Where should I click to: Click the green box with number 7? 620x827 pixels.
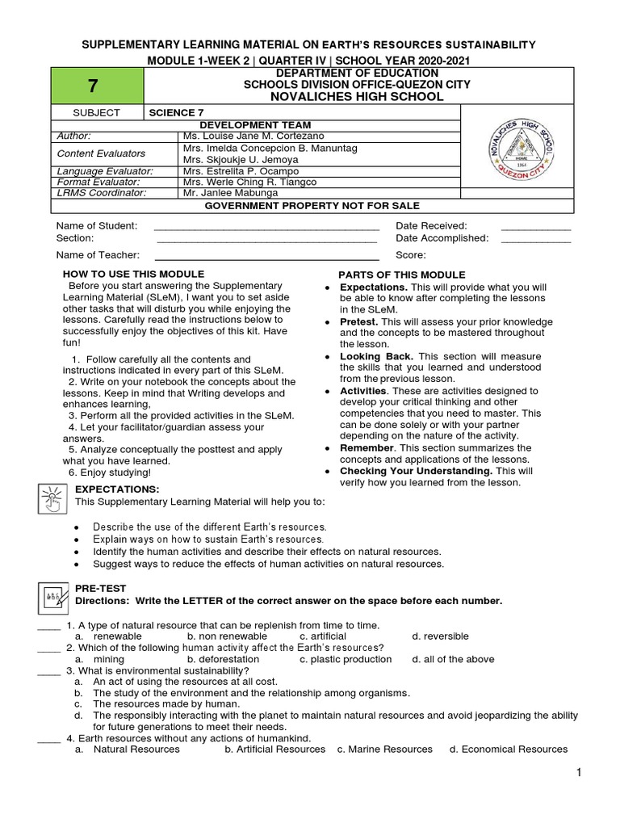pos(95,86)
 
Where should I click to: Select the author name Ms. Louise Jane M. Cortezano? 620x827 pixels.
pos(253,136)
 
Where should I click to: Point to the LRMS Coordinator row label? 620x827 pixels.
pos(101,193)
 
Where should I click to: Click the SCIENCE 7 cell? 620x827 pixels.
pos(171,113)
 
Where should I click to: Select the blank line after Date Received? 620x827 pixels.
pos(535,226)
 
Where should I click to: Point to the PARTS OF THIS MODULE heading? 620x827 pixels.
pos(401,275)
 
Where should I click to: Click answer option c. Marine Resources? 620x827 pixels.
pos(384,749)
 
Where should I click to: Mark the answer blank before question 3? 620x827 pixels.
pos(48,671)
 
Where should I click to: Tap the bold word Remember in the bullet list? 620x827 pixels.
pos(367,447)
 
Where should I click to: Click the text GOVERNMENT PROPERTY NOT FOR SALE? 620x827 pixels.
pos(312,207)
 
